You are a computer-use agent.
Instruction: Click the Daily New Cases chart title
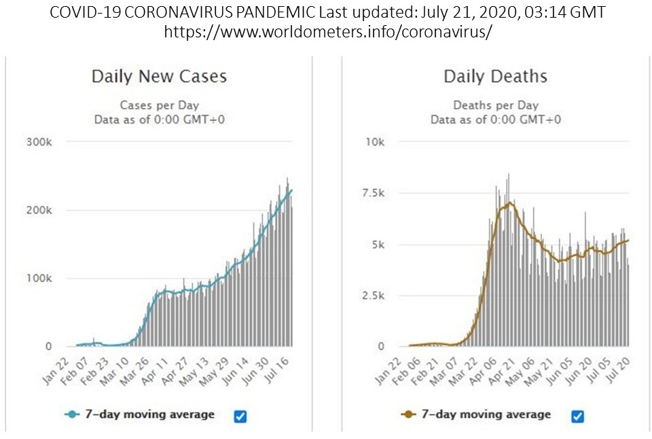pos(159,76)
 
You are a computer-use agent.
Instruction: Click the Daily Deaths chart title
pos(495,76)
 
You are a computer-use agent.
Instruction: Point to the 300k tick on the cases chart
pos(39,142)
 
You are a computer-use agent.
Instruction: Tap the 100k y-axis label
pos(39,279)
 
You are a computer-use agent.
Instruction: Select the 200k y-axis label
pos(39,210)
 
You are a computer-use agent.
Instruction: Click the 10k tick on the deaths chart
pos(376,142)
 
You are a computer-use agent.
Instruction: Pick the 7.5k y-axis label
pos(373,193)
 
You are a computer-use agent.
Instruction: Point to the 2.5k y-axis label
pos(373,296)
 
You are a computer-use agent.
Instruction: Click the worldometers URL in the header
pos(326,32)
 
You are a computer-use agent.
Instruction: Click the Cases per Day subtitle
pos(159,105)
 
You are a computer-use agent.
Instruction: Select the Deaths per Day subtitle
pos(495,105)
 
